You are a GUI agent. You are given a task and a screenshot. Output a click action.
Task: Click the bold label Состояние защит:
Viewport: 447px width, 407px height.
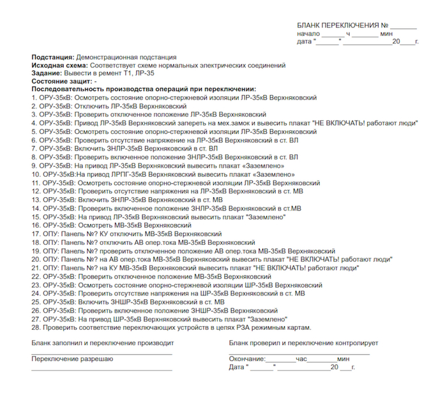point(61,82)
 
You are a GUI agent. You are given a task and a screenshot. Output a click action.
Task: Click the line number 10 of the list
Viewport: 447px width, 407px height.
point(36,174)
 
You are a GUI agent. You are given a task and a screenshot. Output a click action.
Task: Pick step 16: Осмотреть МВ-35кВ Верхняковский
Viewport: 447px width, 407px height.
point(137,225)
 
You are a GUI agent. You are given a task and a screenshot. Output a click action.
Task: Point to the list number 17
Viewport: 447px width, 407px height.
point(36,233)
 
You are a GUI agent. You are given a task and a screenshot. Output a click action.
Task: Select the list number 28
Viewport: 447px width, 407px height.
point(36,327)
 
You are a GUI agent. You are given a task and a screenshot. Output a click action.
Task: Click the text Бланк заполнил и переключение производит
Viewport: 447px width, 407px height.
point(102,343)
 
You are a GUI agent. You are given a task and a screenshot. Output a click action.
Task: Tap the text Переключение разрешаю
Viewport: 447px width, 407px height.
point(68,359)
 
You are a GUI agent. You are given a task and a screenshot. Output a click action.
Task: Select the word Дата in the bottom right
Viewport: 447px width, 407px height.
point(237,367)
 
